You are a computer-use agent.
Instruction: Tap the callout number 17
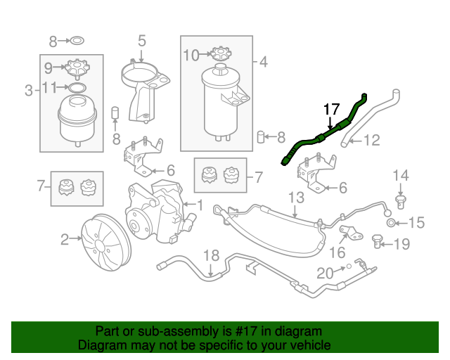pyautogui.click(x=331, y=109)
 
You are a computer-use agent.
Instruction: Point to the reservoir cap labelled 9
pyautogui.click(x=75, y=68)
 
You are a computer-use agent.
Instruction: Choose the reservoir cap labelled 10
pyautogui.click(x=221, y=54)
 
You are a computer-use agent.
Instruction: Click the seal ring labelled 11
pyautogui.click(x=75, y=88)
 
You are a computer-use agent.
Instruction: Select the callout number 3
pyautogui.click(x=29, y=90)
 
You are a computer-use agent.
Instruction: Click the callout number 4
pyautogui.click(x=263, y=62)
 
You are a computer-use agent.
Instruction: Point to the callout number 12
pyautogui.click(x=371, y=141)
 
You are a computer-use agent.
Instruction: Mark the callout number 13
pyautogui.click(x=295, y=198)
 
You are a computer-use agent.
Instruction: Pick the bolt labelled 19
pyautogui.click(x=379, y=243)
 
